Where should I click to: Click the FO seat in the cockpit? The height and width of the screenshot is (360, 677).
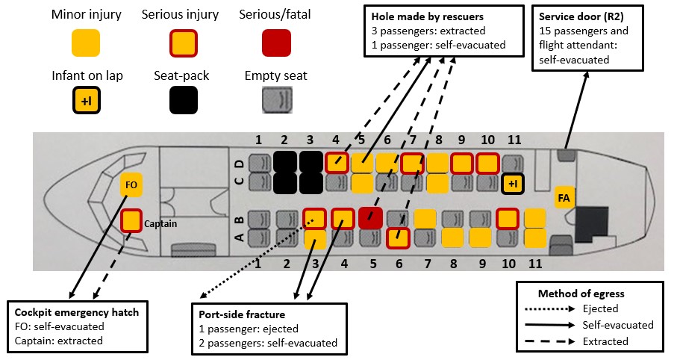pos(131,184)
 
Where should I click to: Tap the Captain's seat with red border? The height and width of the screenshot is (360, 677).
pos(131,220)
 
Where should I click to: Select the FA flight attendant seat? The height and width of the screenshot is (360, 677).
pos(565,198)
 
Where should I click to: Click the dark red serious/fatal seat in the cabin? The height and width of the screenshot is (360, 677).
pos(370,218)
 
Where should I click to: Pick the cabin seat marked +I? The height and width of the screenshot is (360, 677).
pos(512,183)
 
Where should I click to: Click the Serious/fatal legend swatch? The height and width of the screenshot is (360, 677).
pos(275,44)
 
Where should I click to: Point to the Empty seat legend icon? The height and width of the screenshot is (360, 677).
pos(275,101)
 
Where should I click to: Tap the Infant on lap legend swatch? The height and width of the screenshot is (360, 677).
pos(87,101)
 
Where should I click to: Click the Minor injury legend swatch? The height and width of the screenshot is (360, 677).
pos(87,44)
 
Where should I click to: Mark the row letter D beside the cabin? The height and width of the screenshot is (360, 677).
pos(238,161)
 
